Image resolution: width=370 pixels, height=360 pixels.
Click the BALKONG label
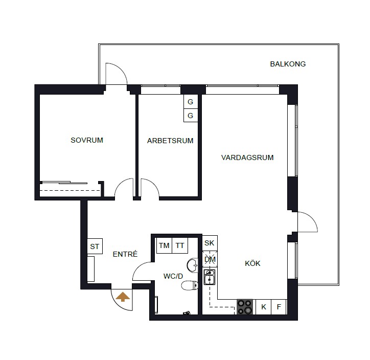click(x=288, y=64)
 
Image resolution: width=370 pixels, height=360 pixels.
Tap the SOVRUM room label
click(x=87, y=140)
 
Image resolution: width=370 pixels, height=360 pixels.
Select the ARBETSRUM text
click(x=170, y=141)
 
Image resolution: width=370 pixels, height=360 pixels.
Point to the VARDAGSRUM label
click(x=247, y=157)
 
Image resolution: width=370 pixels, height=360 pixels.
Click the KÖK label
click(x=252, y=263)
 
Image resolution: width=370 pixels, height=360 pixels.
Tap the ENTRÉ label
click(x=125, y=254)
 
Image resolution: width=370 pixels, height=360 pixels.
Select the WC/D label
click(x=173, y=276)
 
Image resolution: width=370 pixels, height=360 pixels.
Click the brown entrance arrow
click(x=123, y=297)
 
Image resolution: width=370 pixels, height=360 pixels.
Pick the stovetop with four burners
click(x=245, y=307)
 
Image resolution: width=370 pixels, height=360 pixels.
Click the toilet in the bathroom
click(x=190, y=285)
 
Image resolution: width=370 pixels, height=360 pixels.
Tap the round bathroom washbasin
click(x=193, y=265)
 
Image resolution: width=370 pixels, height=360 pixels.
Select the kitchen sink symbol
click(x=210, y=277)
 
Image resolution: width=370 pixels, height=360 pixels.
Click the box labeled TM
click(x=164, y=245)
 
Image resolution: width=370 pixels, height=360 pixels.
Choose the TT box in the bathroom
click(x=180, y=245)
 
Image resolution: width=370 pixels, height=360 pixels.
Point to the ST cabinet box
click(x=95, y=246)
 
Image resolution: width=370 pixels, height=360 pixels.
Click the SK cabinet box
click(x=210, y=243)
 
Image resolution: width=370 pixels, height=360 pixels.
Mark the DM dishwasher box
click(x=210, y=259)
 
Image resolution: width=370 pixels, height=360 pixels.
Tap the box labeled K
click(x=264, y=307)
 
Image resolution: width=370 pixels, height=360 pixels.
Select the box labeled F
click(x=279, y=307)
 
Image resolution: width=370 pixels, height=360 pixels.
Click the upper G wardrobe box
click(x=191, y=102)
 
